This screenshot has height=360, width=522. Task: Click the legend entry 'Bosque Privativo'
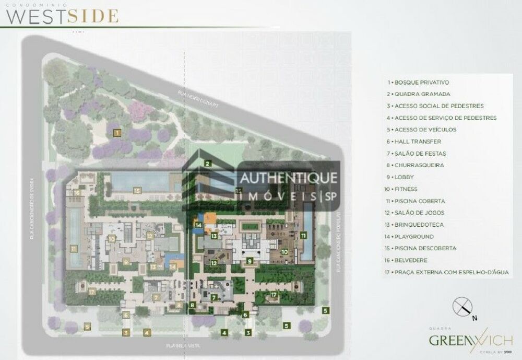tap(418, 83)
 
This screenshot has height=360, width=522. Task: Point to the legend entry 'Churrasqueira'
tap(416, 165)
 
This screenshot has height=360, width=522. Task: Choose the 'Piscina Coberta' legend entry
tap(416, 201)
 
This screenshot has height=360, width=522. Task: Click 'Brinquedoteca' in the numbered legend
tap(416, 225)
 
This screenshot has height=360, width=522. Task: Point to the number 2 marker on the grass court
tap(207, 164)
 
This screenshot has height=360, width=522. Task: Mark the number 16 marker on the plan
tap(76, 192)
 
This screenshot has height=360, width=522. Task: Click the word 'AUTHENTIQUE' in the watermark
tap(288, 178)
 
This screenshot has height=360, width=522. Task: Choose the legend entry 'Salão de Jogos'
tap(416, 213)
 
